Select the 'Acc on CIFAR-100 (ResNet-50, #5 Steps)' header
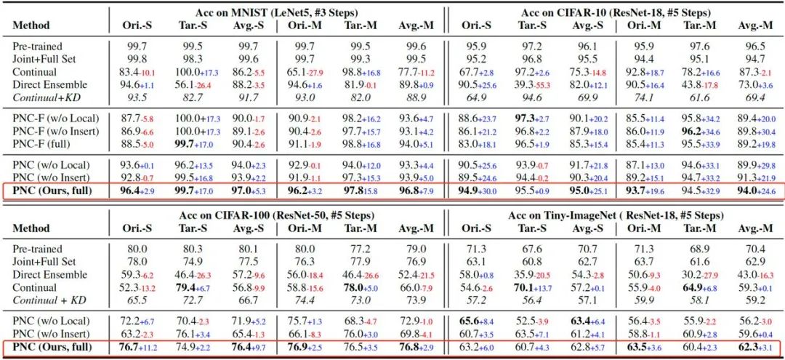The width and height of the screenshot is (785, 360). [277, 215]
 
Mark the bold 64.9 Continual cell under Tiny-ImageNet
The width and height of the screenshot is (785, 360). [693, 287]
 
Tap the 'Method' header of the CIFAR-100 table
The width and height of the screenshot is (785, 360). [31, 228]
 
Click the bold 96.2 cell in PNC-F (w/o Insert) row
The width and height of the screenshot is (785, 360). [699, 131]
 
